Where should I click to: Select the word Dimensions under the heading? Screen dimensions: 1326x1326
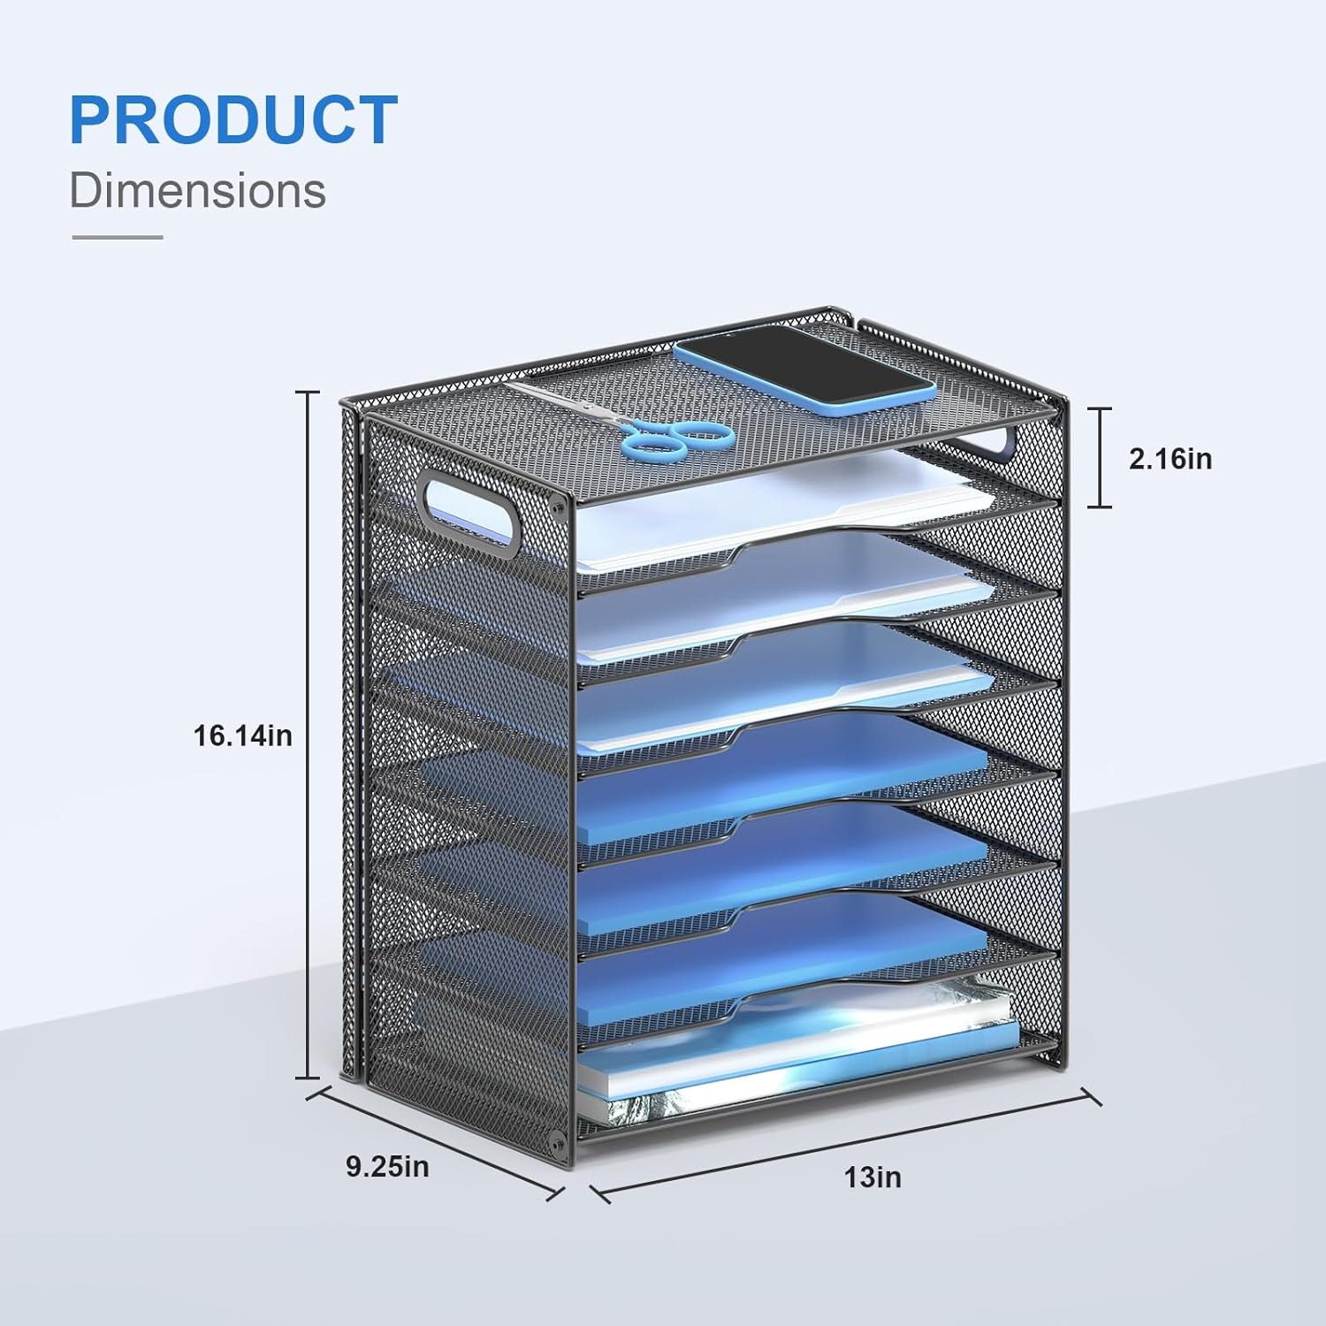198,191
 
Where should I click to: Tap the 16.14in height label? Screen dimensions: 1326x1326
242,735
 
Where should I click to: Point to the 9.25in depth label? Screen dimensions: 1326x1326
387,1167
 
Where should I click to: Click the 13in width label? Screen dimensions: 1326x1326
873,1177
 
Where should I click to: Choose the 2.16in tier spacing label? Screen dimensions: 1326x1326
1170,459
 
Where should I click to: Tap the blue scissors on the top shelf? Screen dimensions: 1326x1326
676,438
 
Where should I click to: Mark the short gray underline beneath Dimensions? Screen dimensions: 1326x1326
118,237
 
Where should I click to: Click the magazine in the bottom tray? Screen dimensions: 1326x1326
796,1061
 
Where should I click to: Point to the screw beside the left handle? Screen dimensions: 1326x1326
557,506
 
